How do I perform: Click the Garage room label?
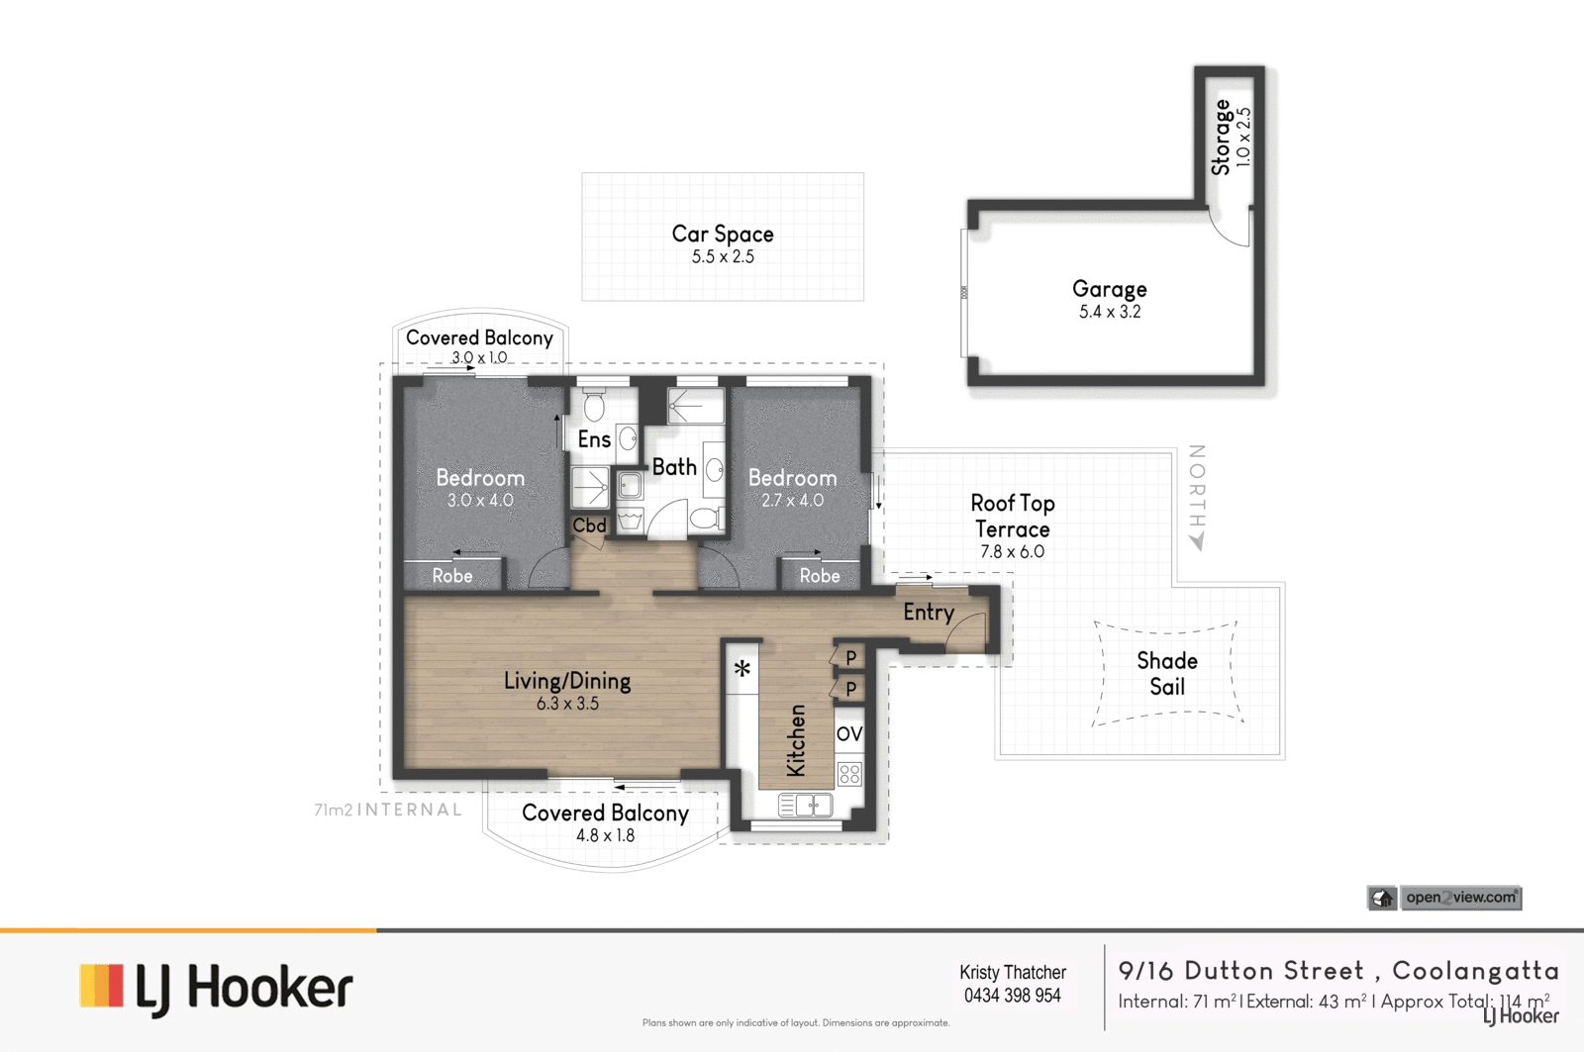(1109, 288)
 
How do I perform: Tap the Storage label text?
(1222, 138)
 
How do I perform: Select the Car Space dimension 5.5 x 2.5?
(723, 256)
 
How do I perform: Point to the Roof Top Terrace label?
(1013, 516)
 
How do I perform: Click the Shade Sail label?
(1167, 673)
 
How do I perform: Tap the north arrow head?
(1197, 541)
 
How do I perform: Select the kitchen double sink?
(806, 806)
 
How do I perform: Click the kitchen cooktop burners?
(849, 774)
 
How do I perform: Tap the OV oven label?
(849, 734)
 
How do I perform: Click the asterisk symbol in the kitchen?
(742, 667)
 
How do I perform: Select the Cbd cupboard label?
(589, 526)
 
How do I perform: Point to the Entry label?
(929, 613)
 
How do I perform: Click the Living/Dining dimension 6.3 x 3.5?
(567, 704)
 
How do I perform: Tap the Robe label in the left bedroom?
(452, 576)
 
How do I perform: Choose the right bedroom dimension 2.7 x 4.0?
(793, 501)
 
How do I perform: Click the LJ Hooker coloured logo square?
(102, 985)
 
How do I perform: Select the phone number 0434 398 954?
(1013, 996)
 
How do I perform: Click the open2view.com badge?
(1444, 898)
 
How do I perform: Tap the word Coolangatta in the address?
(1476, 971)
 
